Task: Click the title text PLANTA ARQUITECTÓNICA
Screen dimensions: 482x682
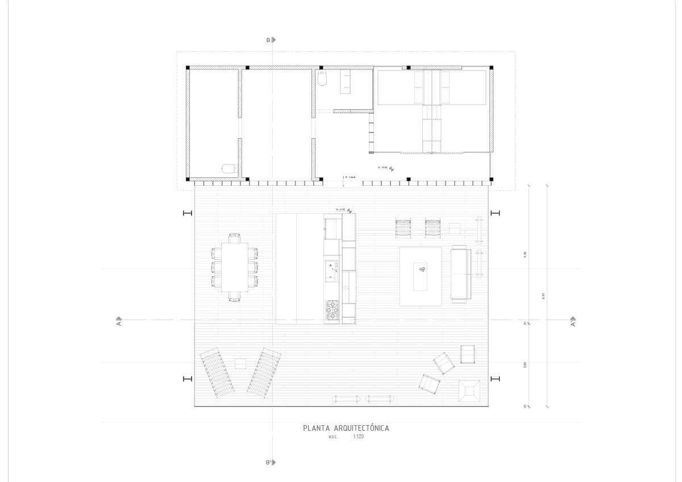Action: pos(346,429)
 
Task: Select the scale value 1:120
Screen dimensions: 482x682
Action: pos(358,437)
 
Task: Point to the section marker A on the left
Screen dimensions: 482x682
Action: pos(119,321)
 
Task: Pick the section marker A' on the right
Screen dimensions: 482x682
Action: pos(573,321)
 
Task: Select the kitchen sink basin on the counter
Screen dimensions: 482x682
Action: pos(331,271)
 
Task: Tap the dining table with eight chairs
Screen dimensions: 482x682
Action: pos(235,267)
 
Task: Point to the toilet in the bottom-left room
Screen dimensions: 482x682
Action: pos(228,169)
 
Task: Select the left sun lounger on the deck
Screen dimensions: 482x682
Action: pos(217,372)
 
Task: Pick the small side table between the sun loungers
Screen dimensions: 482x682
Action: pos(240,363)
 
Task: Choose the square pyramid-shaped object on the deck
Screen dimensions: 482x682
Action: pos(469,391)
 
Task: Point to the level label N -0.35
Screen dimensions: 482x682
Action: pos(341,210)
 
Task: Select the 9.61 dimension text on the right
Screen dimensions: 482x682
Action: pos(543,296)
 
